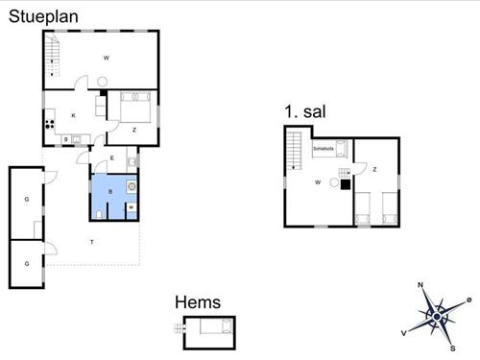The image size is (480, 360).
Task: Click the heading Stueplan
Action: tap(43, 15)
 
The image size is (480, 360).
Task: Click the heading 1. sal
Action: tap(305, 112)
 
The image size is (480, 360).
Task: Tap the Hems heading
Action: tap(197, 302)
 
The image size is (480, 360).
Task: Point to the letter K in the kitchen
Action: tap(73, 116)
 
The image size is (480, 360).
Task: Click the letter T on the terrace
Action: tap(92, 240)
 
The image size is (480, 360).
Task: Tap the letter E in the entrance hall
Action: tap(111, 157)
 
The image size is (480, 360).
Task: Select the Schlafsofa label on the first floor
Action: tap(323, 150)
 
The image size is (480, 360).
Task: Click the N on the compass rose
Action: tap(420, 285)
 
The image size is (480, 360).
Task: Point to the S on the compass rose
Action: tap(452, 348)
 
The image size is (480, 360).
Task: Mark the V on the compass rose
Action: tap(404, 331)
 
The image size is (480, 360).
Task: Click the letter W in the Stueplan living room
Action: tap(106, 59)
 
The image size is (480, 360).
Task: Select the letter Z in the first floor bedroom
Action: tap(374, 170)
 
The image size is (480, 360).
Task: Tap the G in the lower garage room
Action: tap(27, 262)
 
